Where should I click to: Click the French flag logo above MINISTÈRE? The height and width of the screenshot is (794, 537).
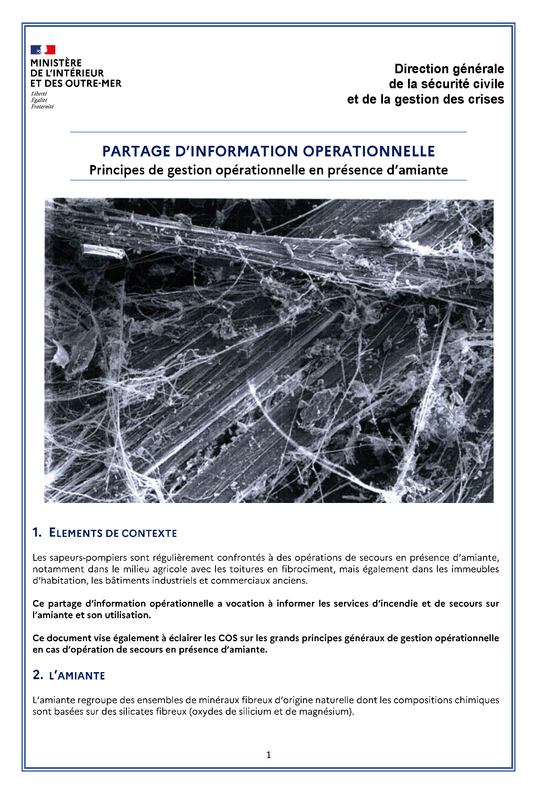pos(43,50)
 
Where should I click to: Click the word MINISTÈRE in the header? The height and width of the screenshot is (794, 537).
pos(56,63)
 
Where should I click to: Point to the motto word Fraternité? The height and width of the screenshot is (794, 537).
pos(42,107)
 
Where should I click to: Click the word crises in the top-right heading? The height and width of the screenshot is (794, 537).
pos(486,99)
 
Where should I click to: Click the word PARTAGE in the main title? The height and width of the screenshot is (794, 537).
pos(136,151)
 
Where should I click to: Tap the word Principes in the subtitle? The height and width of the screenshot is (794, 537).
pos(117,170)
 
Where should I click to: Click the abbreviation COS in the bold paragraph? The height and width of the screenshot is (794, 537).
pos(228,638)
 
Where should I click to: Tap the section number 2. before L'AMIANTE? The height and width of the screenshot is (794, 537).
pos(37,675)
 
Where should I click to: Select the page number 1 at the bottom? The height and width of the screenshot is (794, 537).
pos(268,755)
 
